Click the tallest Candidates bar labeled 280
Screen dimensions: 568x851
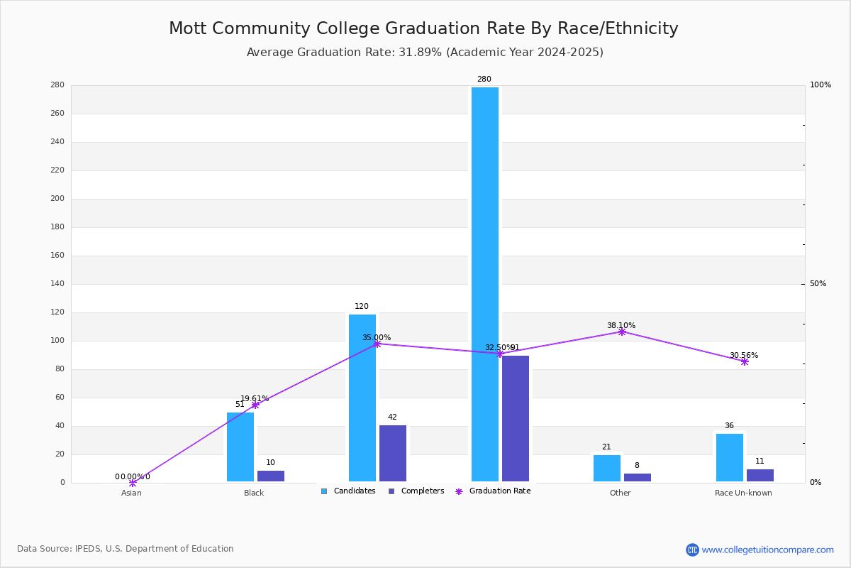(485, 284)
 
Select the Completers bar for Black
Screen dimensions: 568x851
(271, 476)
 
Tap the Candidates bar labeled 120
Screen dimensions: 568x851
(362, 398)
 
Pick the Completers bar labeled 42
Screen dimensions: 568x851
(393, 454)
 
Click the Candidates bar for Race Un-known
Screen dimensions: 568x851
(730, 458)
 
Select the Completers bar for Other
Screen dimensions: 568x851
(637, 478)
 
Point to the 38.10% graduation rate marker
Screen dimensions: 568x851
(622, 332)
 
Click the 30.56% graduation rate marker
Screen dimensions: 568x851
(745, 361)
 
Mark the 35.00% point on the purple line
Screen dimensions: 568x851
(377, 344)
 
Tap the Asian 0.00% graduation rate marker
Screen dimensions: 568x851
(133, 483)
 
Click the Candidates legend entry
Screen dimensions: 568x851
(348, 491)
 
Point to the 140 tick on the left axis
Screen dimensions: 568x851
(57, 284)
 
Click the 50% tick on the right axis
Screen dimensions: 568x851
(818, 284)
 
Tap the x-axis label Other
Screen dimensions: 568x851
(620, 493)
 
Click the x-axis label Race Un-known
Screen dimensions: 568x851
(743, 493)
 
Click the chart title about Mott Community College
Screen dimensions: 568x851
(423, 28)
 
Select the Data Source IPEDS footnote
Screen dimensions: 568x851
(126, 549)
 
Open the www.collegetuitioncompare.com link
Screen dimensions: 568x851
(767, 550)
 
